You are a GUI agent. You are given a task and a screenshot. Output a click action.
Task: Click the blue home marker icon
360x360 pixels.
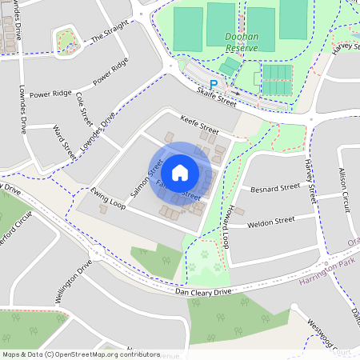(x=180, y=172)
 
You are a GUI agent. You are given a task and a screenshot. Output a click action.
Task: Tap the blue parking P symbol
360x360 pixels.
(x=213, y=84)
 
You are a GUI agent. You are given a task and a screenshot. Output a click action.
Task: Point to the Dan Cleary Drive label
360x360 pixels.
(x=203, y=293)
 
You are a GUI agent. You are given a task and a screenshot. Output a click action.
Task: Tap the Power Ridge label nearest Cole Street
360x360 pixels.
(x=110, y=71)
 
